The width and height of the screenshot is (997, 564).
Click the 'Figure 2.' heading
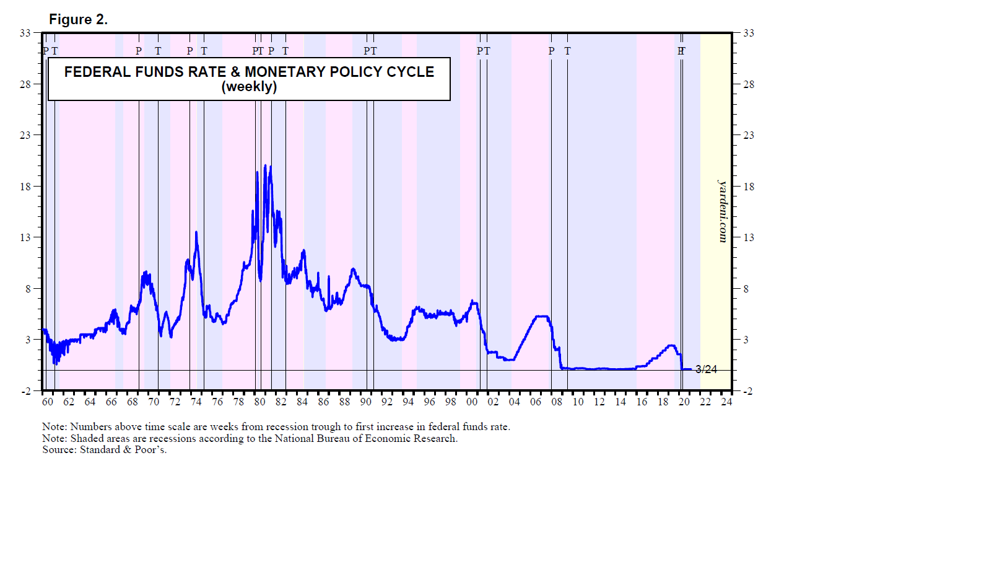[x=78, y=20]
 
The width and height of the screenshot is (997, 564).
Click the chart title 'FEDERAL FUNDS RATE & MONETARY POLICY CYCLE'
[x=249, y=72]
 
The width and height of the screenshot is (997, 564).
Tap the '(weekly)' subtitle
[x=249, y=87]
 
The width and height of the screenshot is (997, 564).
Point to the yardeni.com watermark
[x=723, y=211]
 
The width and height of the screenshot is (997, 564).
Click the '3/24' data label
[x=706, y=369]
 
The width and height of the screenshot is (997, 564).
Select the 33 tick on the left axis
[x=25, y=33]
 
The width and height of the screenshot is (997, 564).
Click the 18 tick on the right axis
[x=749, y=187]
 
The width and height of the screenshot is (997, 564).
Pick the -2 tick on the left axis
[x=25, y=391]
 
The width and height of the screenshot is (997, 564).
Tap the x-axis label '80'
[x=259, y=402]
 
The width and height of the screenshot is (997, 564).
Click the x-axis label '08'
[x=557, y=402]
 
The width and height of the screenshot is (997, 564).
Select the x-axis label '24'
[x=726, y=402]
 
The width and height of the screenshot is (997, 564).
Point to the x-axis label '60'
[x=48, y=402]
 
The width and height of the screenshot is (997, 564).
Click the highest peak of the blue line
[x=265, y=165]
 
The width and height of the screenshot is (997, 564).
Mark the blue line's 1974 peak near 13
[x=196, y=232]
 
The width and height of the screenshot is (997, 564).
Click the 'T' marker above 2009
[x=567, y=51]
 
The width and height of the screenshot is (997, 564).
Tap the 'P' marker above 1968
[x=139, y=51]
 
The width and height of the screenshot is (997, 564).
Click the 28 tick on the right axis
[x=749, y=84]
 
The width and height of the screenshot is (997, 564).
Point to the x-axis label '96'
[x=429, y=402]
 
